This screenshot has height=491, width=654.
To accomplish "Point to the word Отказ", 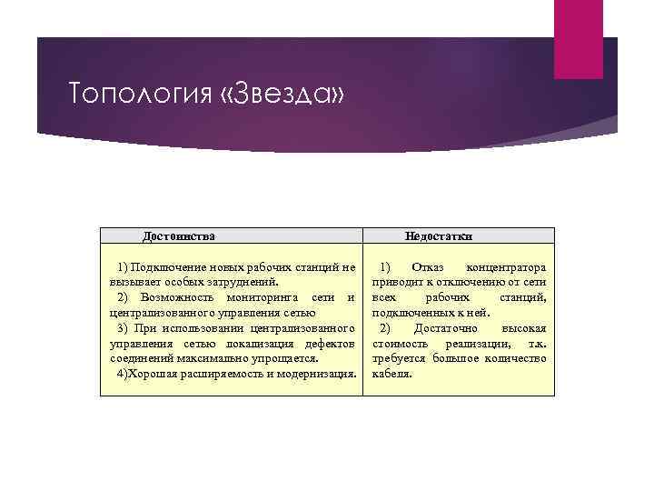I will coord(427,267).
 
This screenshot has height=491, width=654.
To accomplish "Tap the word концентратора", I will coord(505,267).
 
